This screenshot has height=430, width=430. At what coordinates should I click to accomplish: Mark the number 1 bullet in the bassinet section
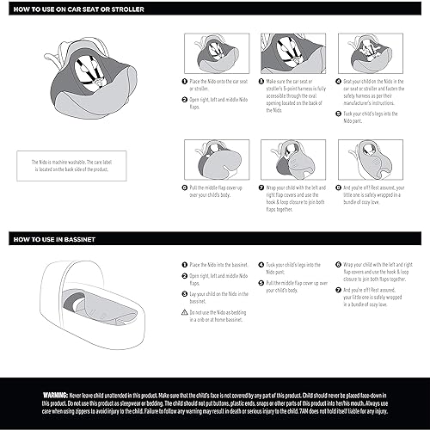184,264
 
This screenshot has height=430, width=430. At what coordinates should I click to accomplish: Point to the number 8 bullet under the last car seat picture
337,187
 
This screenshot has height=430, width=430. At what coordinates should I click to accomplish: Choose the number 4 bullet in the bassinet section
261,264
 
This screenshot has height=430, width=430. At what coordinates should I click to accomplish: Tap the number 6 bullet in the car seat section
184,187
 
